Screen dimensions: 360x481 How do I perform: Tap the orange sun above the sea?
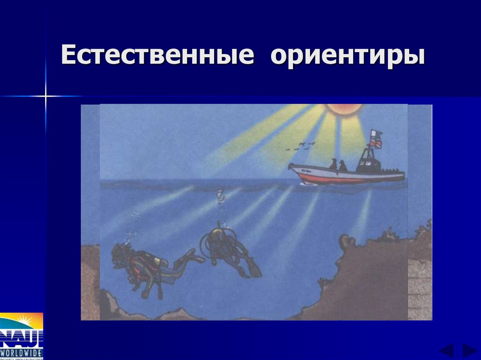pyautogui.click(x=344, y=109)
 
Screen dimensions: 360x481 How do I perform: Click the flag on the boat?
pyautogui.click(x=375, y=138)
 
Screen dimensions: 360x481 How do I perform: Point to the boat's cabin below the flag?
pyautogui.click(x=368, y=162)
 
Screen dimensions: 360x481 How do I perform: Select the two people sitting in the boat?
pyautogui.click(x=338, y=165)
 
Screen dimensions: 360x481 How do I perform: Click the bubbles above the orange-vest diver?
pyautogui.click(x=134, y=225)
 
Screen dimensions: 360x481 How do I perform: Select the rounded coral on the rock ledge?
pyautogui.click(x=347, y=242)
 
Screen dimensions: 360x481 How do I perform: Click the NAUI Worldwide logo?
pyautogui.click(x=22, y=336)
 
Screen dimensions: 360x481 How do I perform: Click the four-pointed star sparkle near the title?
pyautogui.click(x=46, y=96)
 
